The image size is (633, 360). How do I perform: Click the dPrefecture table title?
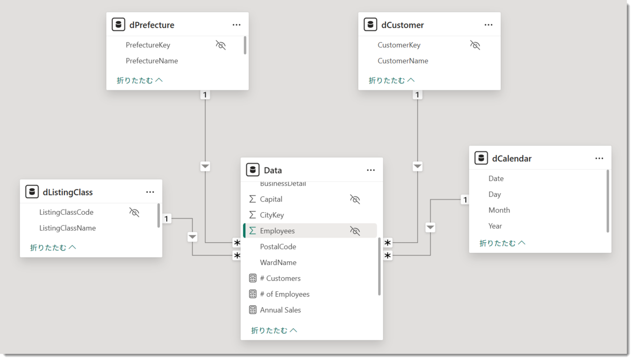(151, 25)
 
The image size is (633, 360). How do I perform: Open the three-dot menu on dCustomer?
(488, 25)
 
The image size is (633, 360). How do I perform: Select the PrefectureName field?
(152, 61)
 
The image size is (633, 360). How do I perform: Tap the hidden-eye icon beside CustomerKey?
(475, 45)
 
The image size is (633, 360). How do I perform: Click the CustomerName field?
(402, 61)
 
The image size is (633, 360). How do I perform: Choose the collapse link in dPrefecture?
(140, 80)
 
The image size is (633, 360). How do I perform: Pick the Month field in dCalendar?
(499, 210)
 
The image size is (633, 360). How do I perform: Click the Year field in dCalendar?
(495, 226)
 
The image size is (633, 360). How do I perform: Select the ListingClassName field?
(68, 228)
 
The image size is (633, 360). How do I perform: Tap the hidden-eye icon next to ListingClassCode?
(134, 212)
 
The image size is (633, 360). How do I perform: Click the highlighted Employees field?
(277, 231)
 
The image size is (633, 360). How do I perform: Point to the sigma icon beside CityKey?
(252, 215)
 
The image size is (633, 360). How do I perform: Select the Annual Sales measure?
(280, 310)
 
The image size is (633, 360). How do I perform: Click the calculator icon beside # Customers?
(253, 278)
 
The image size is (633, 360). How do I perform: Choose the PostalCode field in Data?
(278, 247)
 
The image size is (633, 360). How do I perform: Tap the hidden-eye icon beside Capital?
(355, 199)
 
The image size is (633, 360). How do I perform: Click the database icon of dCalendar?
(481, 158)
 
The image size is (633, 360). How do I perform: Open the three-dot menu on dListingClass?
(150, 192)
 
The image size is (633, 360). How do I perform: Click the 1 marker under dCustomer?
(417, 94)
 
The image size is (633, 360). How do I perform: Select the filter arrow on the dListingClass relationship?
(193, 236)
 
